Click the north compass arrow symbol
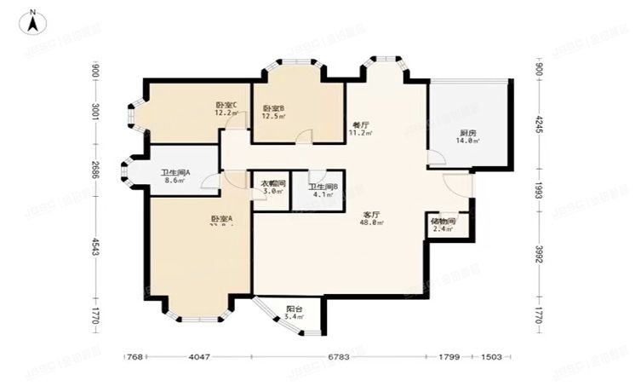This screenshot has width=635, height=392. (x=31, y=21)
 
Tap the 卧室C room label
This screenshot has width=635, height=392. (x=226, y=106)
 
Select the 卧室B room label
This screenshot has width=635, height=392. (x=273, y=108)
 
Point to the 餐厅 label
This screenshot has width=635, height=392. (x=361, y=124)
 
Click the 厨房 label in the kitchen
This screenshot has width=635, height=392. (x=467, y=133)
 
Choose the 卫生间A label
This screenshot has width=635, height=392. (x=176, y=173)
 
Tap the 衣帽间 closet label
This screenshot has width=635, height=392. (x=272, y=183)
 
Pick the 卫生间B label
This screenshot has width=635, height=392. (x=323, y=187)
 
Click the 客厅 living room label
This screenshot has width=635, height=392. (x=370, y=215)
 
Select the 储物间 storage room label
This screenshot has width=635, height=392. (x=443, y=222)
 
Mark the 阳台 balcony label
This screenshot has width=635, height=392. (x=295, y=308)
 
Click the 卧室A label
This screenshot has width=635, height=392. (x=222, y=219)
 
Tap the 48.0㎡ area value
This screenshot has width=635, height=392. (x=373, y=223)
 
